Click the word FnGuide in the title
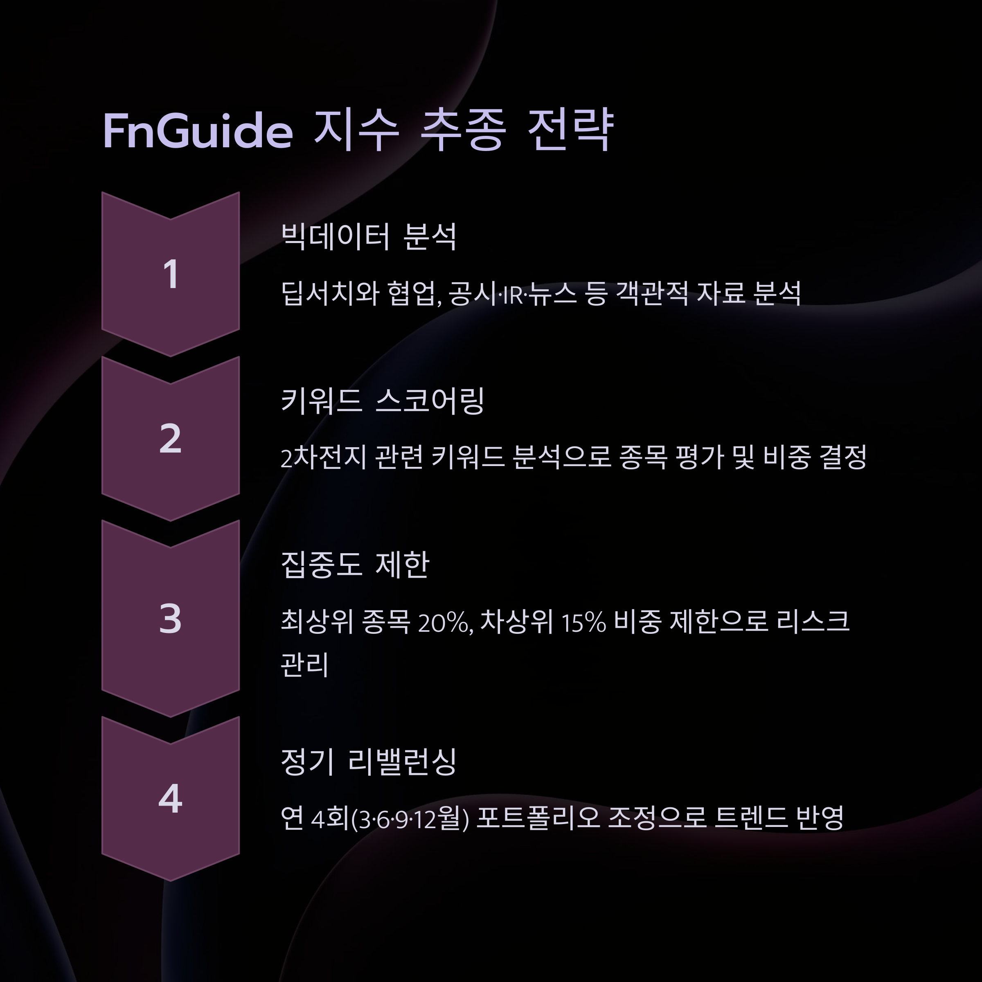pyautogui.click(x=198, y=131)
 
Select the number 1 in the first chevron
pyautogui.click(x=171, y=275)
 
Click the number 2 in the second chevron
pyautogui.click(x=170, y=439)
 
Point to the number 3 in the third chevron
pyautogui.click(x=170, y=619)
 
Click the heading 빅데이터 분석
pyautogui.click(x=369, y=237)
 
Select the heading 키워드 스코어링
pyautogui.click(x=382, y=401)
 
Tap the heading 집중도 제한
pyautogui.click(x=355, y=565)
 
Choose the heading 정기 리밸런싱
pyautogui.click(x=369, y=761)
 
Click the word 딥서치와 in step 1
pyautogui.click(x=330, y=294)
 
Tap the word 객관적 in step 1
pyautogui.click(x=652, y=294)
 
